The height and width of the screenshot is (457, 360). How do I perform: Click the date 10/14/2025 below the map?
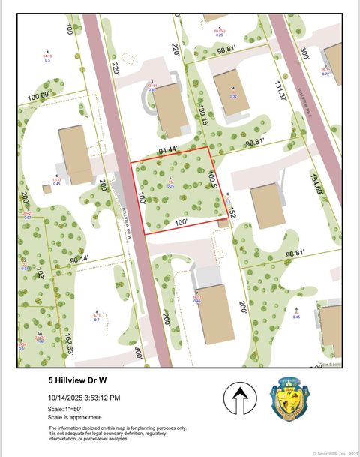pos(64,398)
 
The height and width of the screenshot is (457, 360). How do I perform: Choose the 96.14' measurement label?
pos(79,259)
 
